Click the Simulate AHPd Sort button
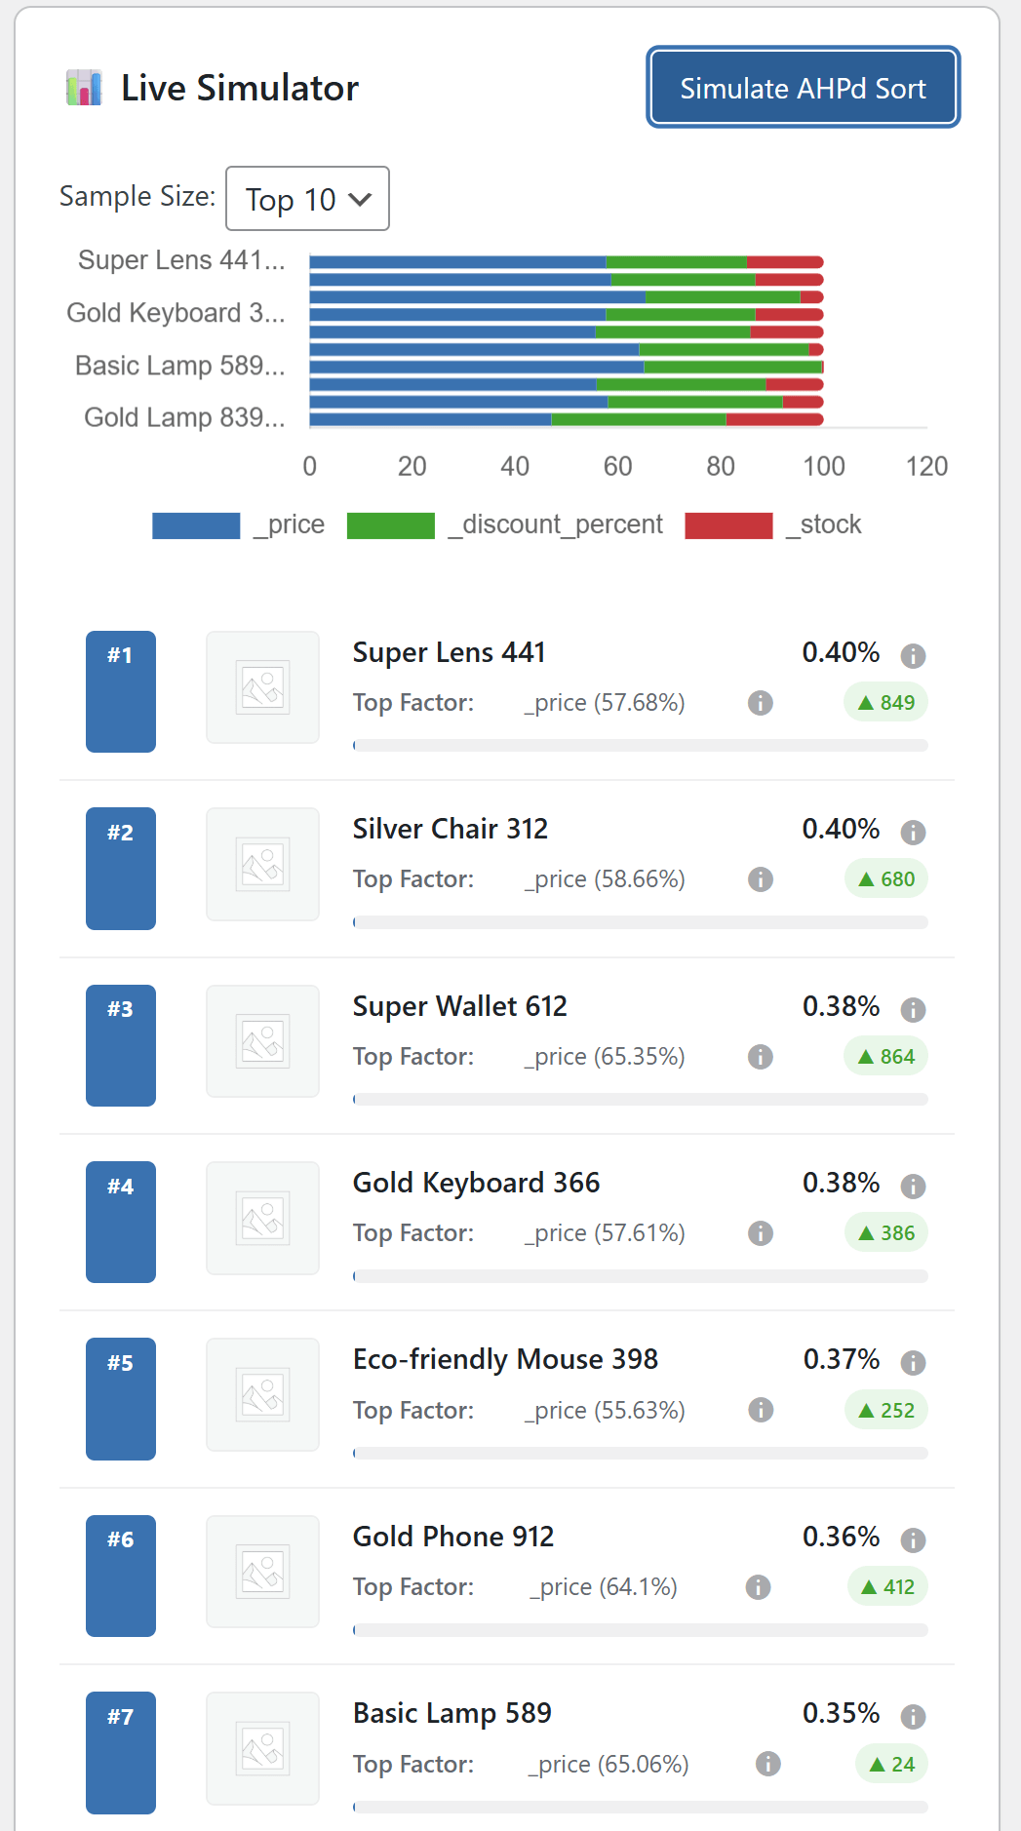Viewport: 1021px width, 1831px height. (803, 88)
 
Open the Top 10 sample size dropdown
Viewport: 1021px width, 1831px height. (307, 199)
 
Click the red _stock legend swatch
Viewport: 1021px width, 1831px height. (728, 526)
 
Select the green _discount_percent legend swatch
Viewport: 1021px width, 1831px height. (390, 526)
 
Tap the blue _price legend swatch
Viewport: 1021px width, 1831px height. (196, 526)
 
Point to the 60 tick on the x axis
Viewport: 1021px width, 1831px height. (617, 466)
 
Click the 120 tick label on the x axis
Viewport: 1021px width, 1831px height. (926, 466)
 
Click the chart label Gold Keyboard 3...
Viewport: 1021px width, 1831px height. (176, 313)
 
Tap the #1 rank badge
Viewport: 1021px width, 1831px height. (121, 691)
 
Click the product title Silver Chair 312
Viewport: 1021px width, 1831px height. (451, 829)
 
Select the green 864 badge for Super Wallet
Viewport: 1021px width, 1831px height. (885, 1057)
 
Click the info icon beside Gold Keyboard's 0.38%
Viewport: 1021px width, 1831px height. (913, 1187)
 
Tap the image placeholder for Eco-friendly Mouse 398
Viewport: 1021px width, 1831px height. (262, 1394)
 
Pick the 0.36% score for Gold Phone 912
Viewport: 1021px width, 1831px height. (841, 1537)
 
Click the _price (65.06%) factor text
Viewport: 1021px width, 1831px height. (609, 1764)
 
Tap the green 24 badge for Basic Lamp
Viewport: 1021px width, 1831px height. (891, 1764)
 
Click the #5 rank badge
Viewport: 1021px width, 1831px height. (121, 1398)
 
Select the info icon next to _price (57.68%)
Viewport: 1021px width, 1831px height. (761, 703)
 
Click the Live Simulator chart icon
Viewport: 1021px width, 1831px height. (84, 88)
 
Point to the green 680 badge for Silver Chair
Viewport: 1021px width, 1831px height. (885, 879)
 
